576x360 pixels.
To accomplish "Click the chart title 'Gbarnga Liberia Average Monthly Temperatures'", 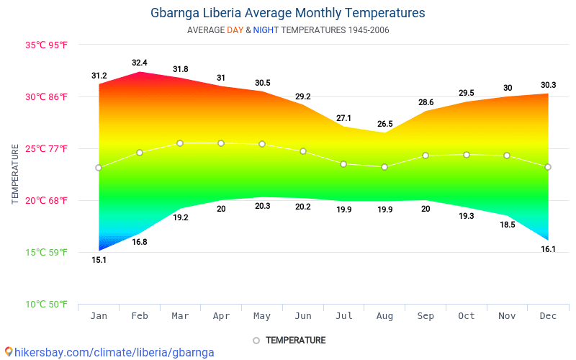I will pos(288,13).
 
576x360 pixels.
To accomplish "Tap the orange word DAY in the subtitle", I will pos(235,30).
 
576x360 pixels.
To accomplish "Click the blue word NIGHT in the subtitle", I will pos(266,30).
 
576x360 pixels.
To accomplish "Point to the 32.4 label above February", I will pos(140,63).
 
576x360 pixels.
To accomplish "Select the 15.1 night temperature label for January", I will pos(99,260).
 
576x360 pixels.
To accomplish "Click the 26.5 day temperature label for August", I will pos(384,124).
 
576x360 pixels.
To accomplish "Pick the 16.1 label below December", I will pos(548,249).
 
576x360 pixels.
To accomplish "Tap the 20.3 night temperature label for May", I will pos(262,206).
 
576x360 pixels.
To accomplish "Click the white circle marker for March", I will pos(180,143).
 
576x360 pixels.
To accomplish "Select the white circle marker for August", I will pos(384,167).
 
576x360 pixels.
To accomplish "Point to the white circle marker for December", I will pos(548,167).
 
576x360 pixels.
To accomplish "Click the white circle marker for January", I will pos(99,168).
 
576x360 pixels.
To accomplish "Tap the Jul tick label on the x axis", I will pos(343,316).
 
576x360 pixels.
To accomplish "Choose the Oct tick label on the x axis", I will pos(467,316).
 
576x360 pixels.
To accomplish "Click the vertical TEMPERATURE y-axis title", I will pos(15,174).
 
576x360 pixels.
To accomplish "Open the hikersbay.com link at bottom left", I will pos(109,352).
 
